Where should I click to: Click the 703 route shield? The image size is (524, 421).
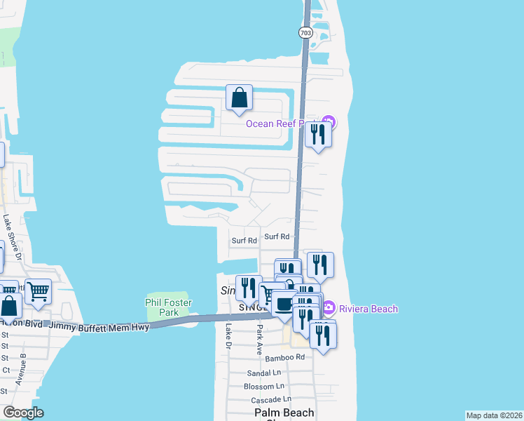click(305, 33)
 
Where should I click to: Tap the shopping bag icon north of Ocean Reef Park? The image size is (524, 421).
click(239, 98)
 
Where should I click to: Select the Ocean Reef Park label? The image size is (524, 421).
click(276, 124)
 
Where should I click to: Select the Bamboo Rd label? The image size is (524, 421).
click(285, 358)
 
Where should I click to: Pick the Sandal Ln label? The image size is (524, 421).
click(265, 373)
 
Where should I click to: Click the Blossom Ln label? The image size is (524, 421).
click(264, 387)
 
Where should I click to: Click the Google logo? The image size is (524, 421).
click(23, 413)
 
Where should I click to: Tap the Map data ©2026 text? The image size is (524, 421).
click(494, 415)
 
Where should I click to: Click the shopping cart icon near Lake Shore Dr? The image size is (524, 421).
click(38, 290)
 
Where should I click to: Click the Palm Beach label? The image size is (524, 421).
click(284, 413)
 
